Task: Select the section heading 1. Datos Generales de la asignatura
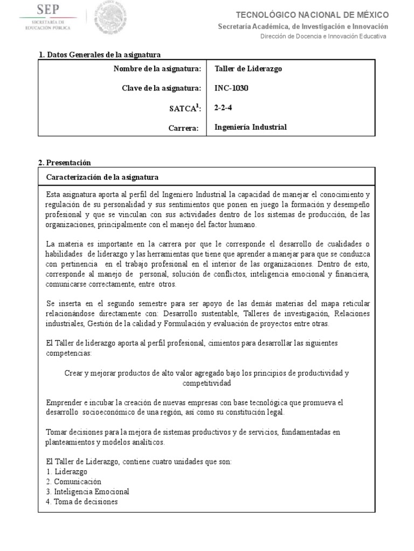pyautogui.click(x=100, y=55)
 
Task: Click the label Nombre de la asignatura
pyautogui.click(x=157, y=69)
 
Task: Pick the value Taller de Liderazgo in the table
pyautogui.click(x=248, y=69)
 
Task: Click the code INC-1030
pyautogui.click(x=232, y=88)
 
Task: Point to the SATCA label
pyautogui.click(x=185, y=108)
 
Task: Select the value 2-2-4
pyautogui.click(x=224, y=108)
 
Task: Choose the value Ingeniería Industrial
pyautogui.click(x=250, y=128)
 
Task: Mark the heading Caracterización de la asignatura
pyautogui.click(x=102, y=177)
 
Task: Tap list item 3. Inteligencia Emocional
pyautogui.click(x=87, y=492)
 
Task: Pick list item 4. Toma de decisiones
pyautogui.click(x=82, y=502)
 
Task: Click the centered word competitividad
pyautogui.click(x=206, y=384)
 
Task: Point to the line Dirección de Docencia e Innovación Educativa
pyautogui.click(x=323, y=36)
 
